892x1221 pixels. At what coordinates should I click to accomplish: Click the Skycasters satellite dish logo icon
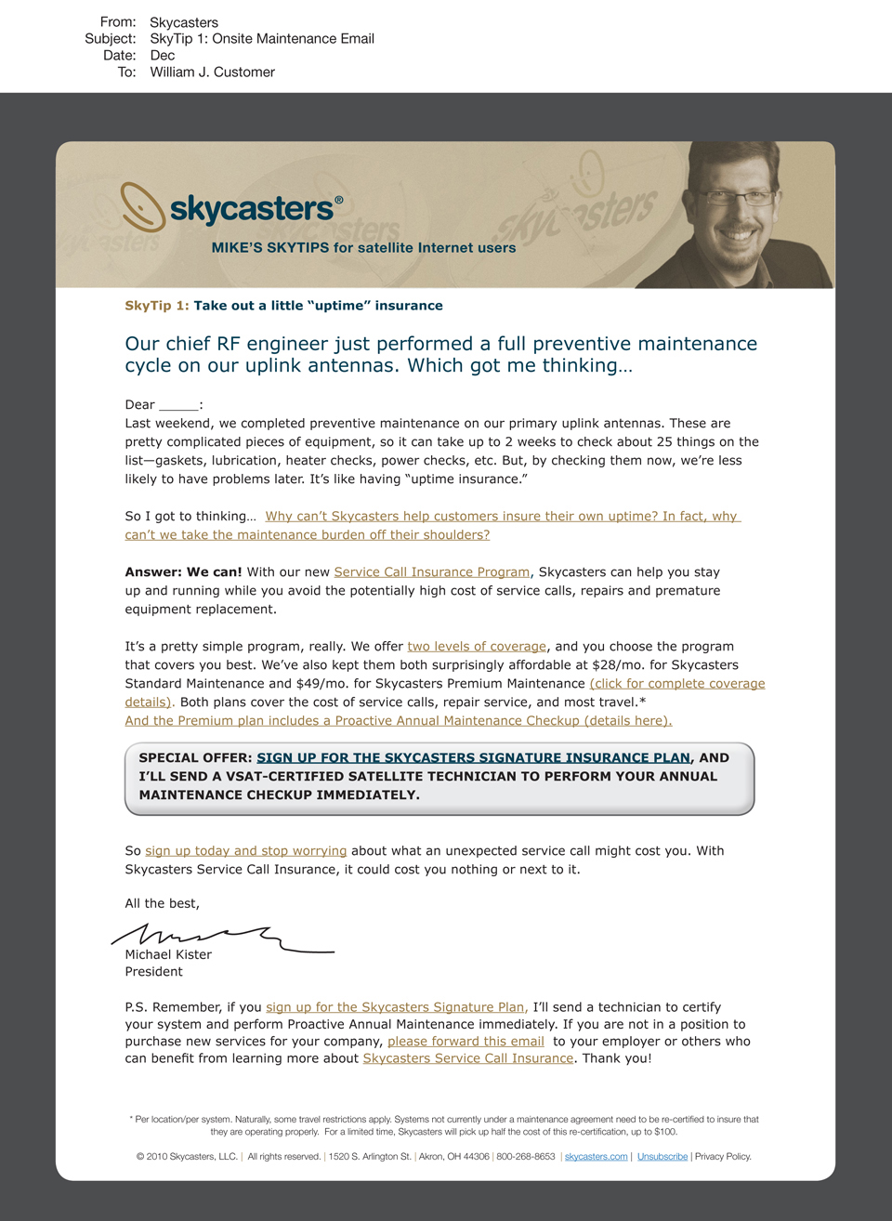click(x=142, y=205)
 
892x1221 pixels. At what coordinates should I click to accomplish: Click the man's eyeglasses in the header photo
click(x=736, y=197)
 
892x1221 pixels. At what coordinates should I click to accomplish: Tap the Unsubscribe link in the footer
click(x=662, y=1157)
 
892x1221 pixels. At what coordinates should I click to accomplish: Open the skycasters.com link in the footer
click(x=596, y=1157)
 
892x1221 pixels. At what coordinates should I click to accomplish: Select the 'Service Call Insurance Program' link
click(x=432, y=572)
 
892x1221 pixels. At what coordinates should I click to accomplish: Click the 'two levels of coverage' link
click(x=477, y=647)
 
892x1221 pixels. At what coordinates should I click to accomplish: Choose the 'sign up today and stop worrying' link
click(x=245, y=851)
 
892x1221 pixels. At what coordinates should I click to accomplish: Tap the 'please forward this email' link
click(x=466, y=1042)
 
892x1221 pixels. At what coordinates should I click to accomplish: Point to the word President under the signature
click(x=153, y=972)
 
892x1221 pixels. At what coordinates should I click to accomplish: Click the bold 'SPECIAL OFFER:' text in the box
click(x=195, y=758)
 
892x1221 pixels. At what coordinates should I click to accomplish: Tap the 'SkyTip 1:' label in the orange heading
click(x=157, y=306)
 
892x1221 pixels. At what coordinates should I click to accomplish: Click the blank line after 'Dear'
click(x=178, y=405)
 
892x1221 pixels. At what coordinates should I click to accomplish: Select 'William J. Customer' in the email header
click(x=212, y=72)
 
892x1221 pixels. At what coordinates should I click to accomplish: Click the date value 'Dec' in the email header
click(x=163, y=56)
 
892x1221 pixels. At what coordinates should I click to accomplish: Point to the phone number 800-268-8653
click(x=526, y=1157)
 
